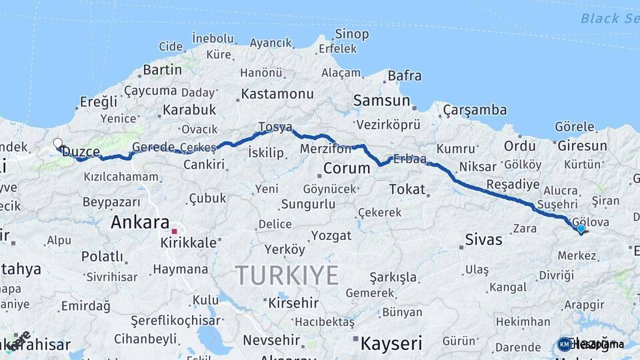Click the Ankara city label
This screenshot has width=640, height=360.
pyautogui.click(x=140, y=222)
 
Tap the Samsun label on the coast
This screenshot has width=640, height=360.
pyautogui.click(x=381, y=101)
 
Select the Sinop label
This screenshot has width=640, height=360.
pyautogui.click(x=352, y=34)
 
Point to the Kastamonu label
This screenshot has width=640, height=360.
pyautogui.click(x=277, y=93)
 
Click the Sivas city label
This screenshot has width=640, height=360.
pyautogui.click(x=483, y=239)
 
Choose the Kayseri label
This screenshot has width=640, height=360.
pyautogui.click(x=391, y=343)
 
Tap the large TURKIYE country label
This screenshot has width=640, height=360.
pyautogui.click(x=287, y=275)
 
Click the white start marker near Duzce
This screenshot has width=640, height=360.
pyautogui.click(x=58, y=143)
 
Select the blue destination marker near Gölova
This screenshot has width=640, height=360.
pyautogui.click(x=581, y=229)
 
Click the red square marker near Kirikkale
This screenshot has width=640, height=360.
pyautogui.click(x=174, y=231)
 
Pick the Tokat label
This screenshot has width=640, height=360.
pyautogui.click(x=407, y=189)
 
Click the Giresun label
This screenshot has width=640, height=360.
pyautogui.click(x=582, y=145)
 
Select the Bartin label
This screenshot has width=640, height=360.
pyautogui.click(x=162, y=69)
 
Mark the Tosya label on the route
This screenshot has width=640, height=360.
pyautogui.click(x=275, y=127)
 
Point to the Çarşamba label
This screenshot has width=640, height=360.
pyautogui.click(x=475, y=110)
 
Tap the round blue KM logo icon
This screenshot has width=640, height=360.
pyautogui.click(x=565, y=344)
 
